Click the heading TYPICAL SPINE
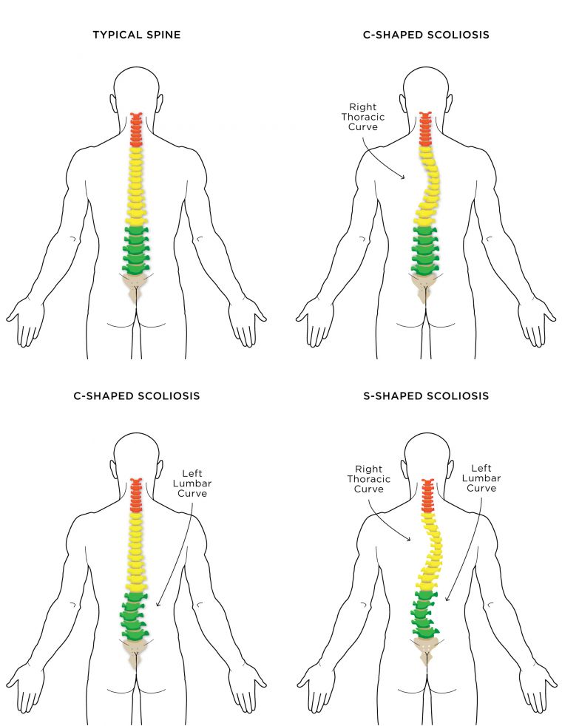point(137,35)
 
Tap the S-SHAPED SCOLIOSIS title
point(426,396)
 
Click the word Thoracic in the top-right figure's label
point(363,117)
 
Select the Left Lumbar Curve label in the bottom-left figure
point(192,484)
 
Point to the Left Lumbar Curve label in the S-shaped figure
point(481,478)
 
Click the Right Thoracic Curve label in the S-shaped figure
point(369,479)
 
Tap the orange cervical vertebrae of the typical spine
point(135,129)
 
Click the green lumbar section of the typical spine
point(135,250)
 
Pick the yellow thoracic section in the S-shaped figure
point(431,553)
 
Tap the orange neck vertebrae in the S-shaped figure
point(427,496)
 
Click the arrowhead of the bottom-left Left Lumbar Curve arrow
point(158,604)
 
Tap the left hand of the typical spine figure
point(25,322)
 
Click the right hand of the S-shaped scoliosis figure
point(537,688)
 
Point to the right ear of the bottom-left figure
point(160,469)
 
